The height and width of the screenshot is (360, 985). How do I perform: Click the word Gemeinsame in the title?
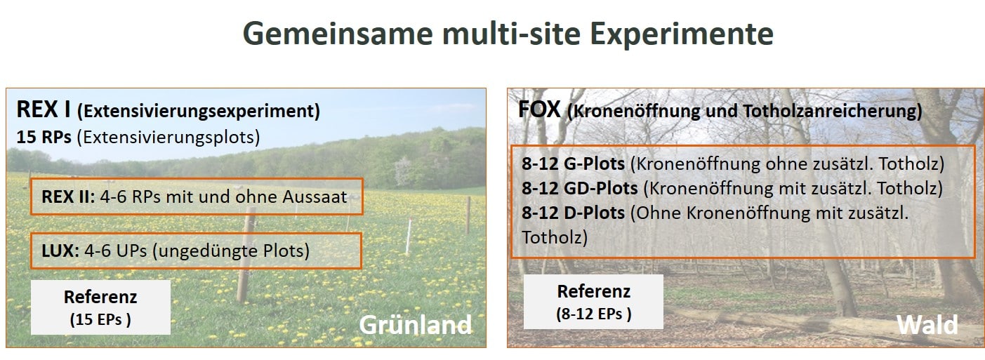click(338, 34)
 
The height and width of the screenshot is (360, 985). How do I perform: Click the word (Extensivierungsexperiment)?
click(198, 111)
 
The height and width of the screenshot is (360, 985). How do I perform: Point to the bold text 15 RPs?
click(44, 137)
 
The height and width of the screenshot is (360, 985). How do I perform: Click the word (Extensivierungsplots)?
click(168, 138)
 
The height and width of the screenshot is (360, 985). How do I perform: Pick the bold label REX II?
click(68, 196)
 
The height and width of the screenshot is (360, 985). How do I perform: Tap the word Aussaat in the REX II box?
click(315, 196)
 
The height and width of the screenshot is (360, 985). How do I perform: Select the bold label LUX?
click(60, 251)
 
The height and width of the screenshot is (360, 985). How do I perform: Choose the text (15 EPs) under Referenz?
click(100, 319)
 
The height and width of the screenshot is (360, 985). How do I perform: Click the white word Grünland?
click(415, 325)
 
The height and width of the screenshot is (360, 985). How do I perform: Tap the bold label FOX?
click(540, 109)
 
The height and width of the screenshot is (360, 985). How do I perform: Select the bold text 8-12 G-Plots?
click(573, 164)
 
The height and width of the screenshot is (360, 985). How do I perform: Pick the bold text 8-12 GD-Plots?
click(580, 188)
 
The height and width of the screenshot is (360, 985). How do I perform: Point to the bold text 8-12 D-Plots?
click(573, 213)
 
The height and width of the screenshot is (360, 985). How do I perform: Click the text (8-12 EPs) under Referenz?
click(594, 314)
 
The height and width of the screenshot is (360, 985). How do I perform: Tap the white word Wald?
click(927, 325)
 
